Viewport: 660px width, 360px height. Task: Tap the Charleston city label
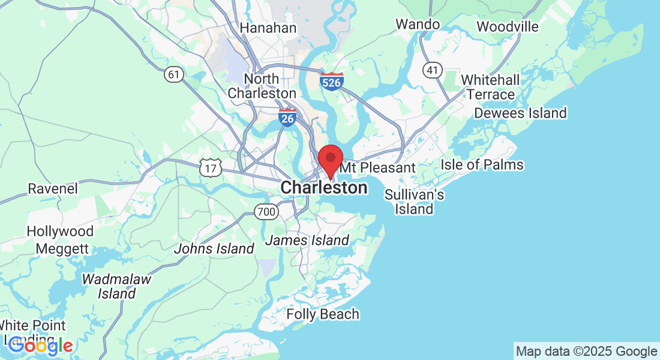pyautogui.click(x=324, y=188)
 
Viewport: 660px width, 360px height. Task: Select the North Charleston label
pyautogui.click(x=262, y=86)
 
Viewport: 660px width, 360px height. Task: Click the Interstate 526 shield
pyautogui.click(x=332, y=81)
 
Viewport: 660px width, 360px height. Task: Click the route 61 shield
pyautogui.click(x=174, y=74)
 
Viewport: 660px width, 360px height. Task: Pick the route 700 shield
pyautogui.click(x=265, y=212)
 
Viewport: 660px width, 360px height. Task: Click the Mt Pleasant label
pyautogui.click(x=378, y=168)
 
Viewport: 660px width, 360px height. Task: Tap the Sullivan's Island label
pyautogui.click(x=414, y=202)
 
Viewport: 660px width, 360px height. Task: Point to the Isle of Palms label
pyautogui.click(x=482, y=164)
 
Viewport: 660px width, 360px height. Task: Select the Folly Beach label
pyautogui.click(x=323, y=314)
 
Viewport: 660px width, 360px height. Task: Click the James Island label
pyautogui.click(x=307, y=241)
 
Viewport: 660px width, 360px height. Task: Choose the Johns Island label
pyautogui.click(x=214, y=248)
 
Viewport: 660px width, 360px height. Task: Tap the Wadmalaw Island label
pyautogui.click(x=116, y=286)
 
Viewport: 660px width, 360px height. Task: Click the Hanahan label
pyautogui.click(x=268, y=28)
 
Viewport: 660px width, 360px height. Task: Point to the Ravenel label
pyautogui.click(x=53, y=188)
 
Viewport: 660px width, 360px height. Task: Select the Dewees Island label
pyautogui.click(x=520, y=113)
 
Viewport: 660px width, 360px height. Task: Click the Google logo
pyautogui.click(x=41, y=345)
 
